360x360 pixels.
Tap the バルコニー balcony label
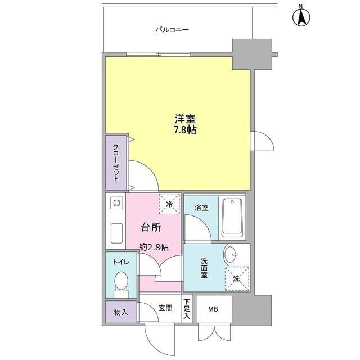tap(172, 30)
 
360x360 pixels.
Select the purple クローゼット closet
tap(115, 163)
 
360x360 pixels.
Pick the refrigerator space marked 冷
tap(169, 204)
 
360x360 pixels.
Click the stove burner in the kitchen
tap(116, 203)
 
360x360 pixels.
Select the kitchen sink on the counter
tap(117, 233)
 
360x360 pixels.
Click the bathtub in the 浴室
tap(231, 217)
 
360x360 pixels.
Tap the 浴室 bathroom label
tap(201, 208)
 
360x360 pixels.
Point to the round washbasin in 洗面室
tap(231, 254)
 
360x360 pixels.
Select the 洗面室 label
tap(205, 268)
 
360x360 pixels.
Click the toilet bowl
tap(120, 282)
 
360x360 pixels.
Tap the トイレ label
tap(120, 262)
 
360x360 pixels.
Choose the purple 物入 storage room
tap(120, 311)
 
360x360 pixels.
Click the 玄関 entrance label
tap(165, 308)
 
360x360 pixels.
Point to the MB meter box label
tap(213, 309)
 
